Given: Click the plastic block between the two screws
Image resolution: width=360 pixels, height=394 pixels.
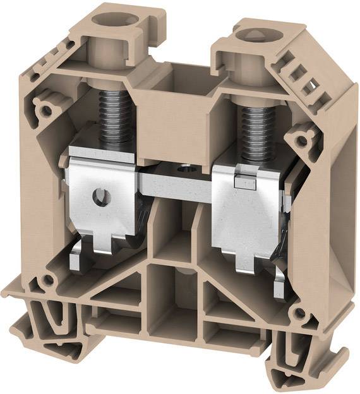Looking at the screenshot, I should [179, 114].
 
